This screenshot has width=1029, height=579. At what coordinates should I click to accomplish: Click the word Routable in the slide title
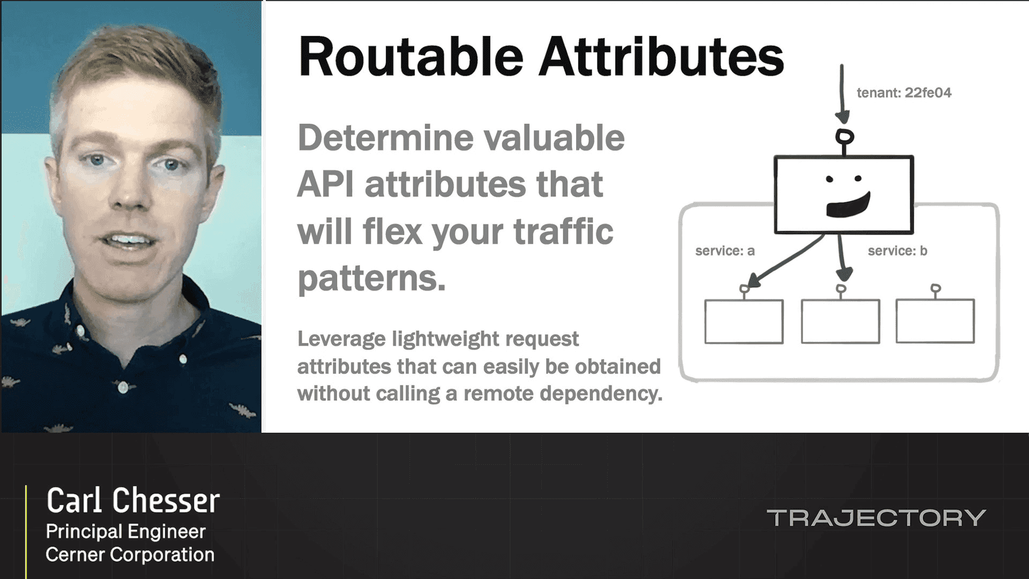[411, 57]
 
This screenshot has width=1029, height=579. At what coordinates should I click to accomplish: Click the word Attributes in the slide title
[661, 57]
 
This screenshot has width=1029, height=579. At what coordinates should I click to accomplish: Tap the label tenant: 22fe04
[904, 93]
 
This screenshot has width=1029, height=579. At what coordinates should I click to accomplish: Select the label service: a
[725, 251]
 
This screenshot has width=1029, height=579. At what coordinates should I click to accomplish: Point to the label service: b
[897, 251]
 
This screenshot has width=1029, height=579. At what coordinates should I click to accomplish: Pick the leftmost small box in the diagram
[744, 321]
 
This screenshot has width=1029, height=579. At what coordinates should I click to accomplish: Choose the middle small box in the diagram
[840, 321]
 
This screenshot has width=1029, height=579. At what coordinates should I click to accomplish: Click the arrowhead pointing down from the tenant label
[842, 117]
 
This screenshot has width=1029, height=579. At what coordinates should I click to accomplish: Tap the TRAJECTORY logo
[876, 518]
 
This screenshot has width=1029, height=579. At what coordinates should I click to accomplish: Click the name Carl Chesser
[133, 500]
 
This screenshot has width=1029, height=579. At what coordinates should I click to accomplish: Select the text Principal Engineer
[126, 532]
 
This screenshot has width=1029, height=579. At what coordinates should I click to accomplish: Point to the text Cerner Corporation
[130, 555]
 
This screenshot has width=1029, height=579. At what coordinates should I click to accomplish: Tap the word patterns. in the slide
[371, 278]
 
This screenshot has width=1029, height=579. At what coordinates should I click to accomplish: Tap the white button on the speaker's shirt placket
[122, 387]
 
